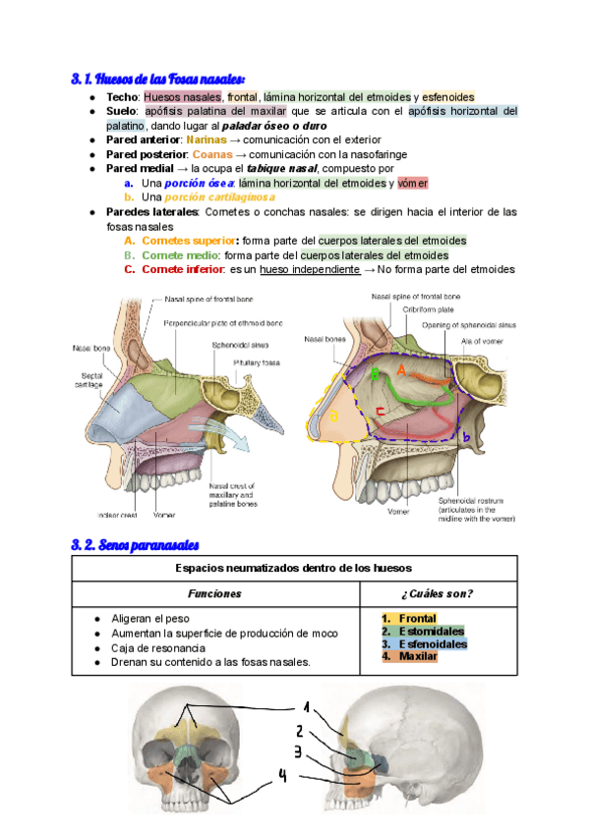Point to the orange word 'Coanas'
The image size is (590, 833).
coord(212,154)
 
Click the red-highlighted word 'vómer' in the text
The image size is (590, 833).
coord(413,184)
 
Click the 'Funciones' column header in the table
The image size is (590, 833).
coord(215,593)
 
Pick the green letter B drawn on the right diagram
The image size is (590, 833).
coord(374,372)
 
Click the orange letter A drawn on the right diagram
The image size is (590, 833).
coord(400,369)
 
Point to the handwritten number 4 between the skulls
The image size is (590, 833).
coord(282,776)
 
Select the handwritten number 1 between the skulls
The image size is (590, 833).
coord(306,707)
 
